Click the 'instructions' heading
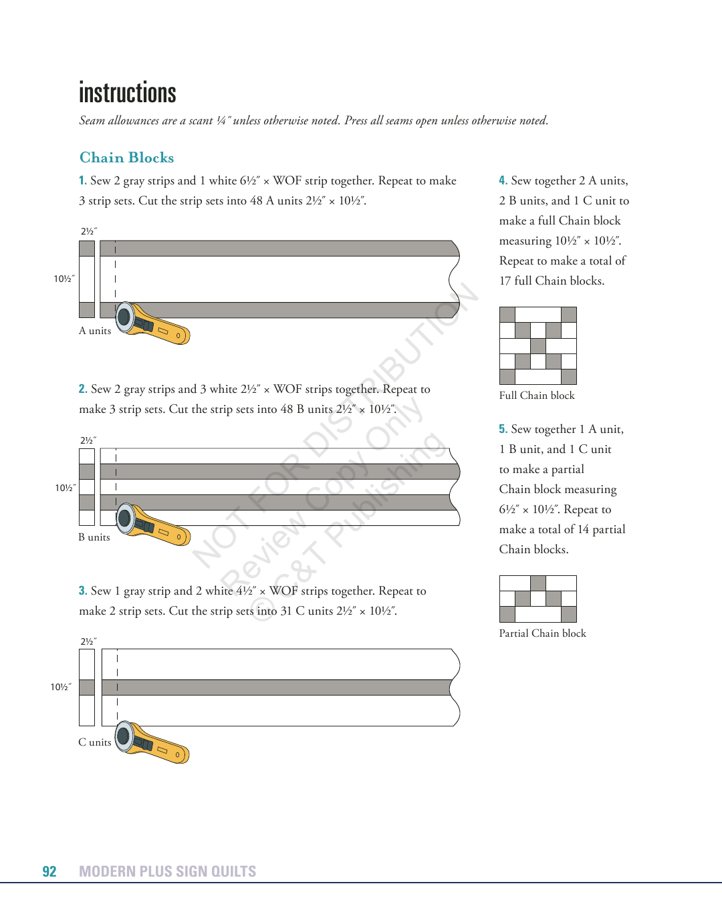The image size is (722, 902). [x=128, y=93]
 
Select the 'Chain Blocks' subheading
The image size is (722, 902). [x=126, y=158]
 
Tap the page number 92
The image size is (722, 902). [x=49, y=871]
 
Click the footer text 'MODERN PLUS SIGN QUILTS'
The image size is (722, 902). [x=167, y=871]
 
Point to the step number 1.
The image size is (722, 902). [x=82, y=180]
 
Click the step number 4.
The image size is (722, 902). [x=503, y=180]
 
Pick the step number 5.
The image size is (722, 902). [x=503, y=429]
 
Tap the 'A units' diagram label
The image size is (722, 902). [x=95, y=331]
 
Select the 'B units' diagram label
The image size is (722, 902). [x=94, y=537]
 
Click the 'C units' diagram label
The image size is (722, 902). [x=95, y=742]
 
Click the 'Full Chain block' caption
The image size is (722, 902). [x=537, y=396]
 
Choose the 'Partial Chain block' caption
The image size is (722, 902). [x=542, y=633]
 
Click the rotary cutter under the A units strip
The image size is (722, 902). [x=152, y=323]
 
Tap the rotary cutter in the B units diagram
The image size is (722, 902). [x=153, y=525]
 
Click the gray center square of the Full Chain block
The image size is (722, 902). [x=538, y=346]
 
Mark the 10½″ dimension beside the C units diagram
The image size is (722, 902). [x=61, y=687]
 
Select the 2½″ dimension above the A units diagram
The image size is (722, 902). [x=89, y=231]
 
